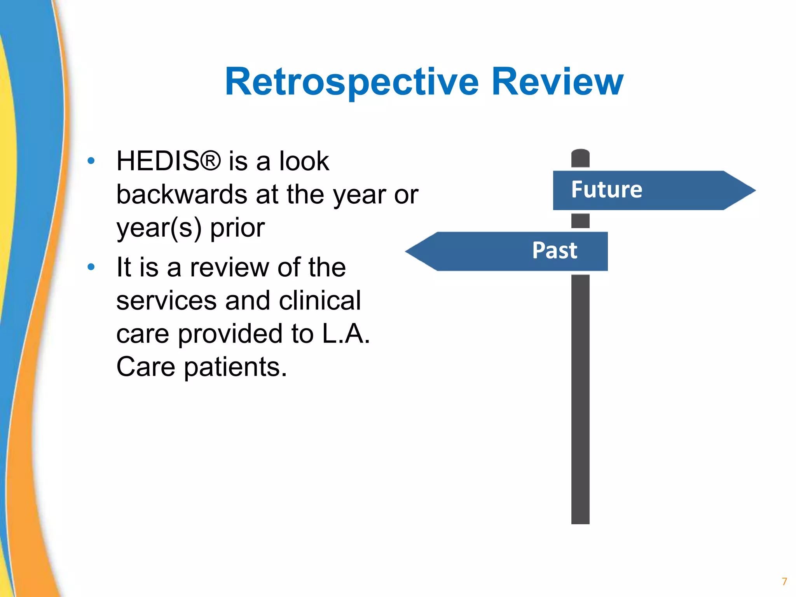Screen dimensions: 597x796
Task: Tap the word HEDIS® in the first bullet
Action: pos(169,161)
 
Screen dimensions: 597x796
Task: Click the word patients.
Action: pos(235,367)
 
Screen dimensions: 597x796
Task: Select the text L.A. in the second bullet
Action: pos(346,334)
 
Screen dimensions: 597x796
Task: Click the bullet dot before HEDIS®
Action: pos(91,161)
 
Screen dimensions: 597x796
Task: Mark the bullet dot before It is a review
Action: pos(91,267)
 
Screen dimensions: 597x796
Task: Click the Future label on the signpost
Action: pos(606,190)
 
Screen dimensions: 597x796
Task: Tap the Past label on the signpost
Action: pos(555,250)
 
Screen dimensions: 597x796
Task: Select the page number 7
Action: pos(784,581)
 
